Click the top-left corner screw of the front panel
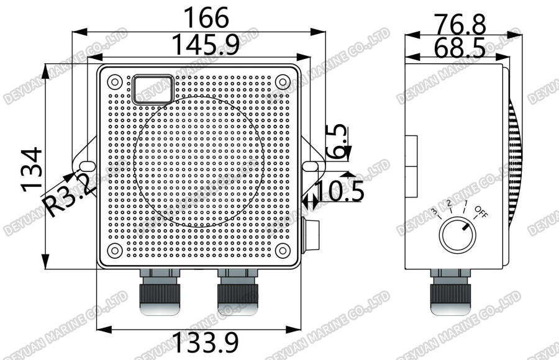coord(114,81)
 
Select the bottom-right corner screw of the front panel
coord(283,250)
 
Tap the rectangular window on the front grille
coord(152,88)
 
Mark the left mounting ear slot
coord(87,165)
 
